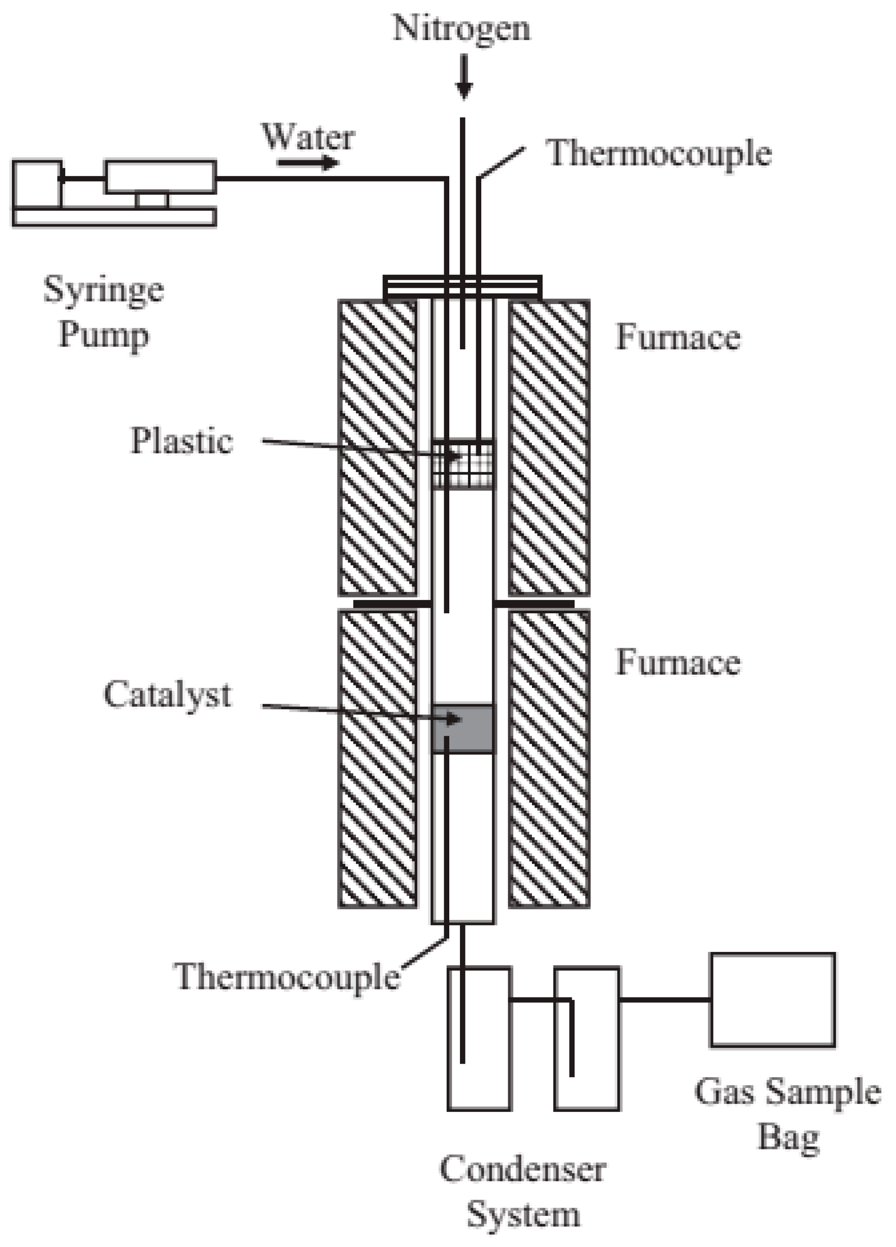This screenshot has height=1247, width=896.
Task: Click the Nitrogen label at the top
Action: (461, 29)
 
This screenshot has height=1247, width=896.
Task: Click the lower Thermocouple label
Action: (287, 977)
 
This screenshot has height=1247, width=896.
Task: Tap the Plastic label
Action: (182, 441)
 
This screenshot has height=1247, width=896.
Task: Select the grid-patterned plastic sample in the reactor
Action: (462, 464)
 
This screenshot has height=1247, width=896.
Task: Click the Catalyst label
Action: (167, 694)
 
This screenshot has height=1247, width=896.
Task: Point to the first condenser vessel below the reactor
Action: (480, 1039)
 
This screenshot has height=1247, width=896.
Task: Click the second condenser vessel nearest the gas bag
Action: (587, 1039)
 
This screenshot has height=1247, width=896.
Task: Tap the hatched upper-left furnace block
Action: (378, 447)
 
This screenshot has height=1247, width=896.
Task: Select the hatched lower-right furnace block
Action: (549, 759)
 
